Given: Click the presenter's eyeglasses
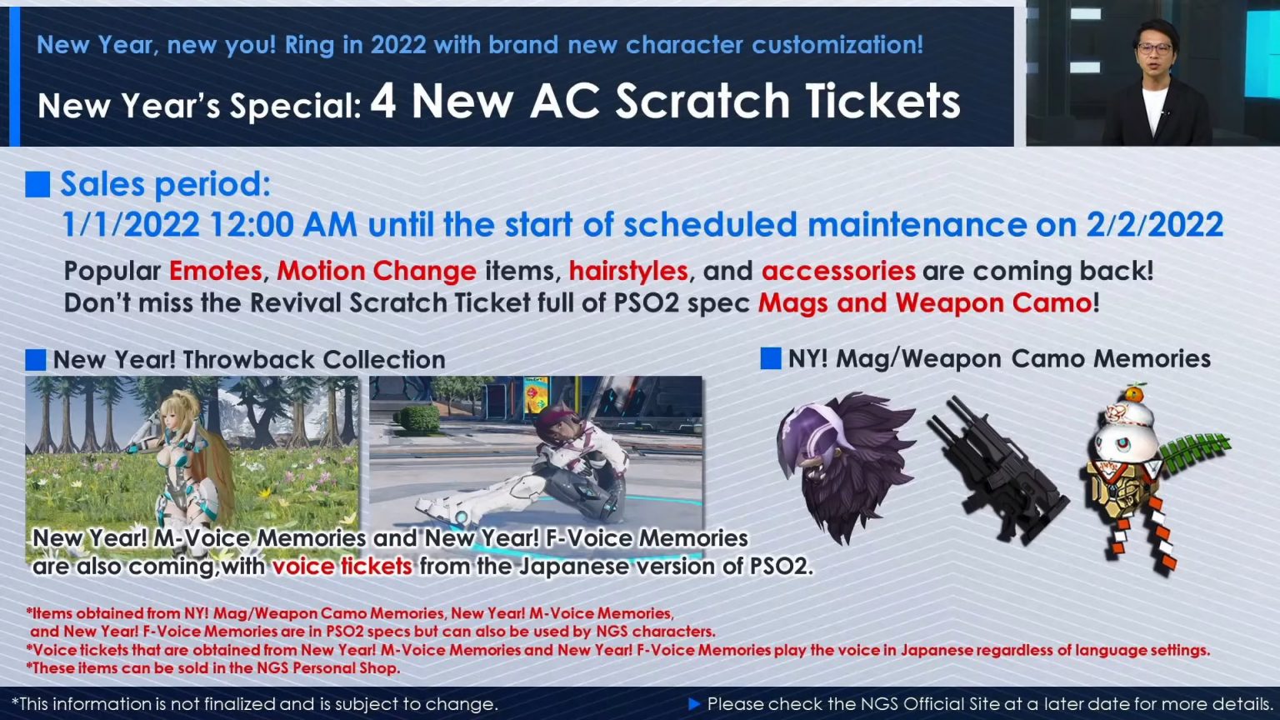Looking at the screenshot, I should tap(1154, 48).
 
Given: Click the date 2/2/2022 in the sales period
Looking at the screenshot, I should tap(1154, 225).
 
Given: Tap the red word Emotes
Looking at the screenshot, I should tap(215, 271).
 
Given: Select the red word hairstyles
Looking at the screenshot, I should tap(628, 271).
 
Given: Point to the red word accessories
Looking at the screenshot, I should tap(838, 271).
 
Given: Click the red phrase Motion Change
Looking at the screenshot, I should tap(377, 271).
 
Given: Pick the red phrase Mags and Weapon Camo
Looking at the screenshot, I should tap(924, 302).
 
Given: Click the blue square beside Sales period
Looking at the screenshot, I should tap(37, 184).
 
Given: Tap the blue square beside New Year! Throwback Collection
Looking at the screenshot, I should tap(36, 360).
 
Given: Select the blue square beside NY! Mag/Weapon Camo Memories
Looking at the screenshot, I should tap(771, 358).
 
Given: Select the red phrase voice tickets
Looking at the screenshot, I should tap(342, 567).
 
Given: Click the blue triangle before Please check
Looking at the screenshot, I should tap(694, 704).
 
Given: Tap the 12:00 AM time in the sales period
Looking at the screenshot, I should tap(283, 225).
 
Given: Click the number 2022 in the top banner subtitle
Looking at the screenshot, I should tap(398, 45).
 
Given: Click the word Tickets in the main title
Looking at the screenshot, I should tap(882, 102).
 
